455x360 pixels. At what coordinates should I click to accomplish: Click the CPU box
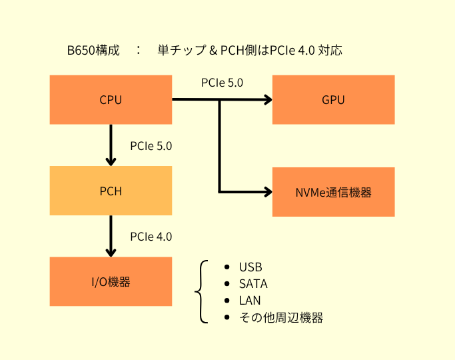[111, 99]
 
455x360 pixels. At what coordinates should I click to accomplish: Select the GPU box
[333, 99]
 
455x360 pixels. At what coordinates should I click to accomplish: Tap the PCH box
[111, 191]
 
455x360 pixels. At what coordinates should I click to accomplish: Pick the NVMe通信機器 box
[333, 192]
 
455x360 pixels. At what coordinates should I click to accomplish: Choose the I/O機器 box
[111, 281]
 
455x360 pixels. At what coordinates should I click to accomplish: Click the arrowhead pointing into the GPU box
[268, 99]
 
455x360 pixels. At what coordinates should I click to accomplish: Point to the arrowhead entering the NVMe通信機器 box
[268, 192]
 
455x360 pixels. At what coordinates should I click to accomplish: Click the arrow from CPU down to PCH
[111, 145]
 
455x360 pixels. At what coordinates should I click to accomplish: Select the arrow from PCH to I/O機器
[111, 236]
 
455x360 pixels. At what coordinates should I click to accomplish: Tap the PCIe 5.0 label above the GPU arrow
[222, 83]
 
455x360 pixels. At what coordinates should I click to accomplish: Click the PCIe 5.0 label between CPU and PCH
[151, 146]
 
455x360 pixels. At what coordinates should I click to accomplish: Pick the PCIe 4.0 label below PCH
[151, 237]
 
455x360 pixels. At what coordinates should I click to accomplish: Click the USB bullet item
[250, 267]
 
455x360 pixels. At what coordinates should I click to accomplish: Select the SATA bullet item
[253, 284]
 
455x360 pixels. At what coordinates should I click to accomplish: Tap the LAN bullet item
[250, 301]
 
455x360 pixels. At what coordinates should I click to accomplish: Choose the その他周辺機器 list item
[281, 317]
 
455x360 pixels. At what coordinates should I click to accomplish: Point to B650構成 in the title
[93, 50]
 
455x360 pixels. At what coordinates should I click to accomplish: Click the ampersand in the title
[213, 51]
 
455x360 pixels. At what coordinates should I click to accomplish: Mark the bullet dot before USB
[227, 267]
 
